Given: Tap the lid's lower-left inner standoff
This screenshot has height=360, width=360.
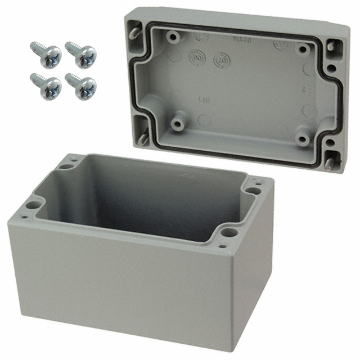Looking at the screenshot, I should pos(179,122).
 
